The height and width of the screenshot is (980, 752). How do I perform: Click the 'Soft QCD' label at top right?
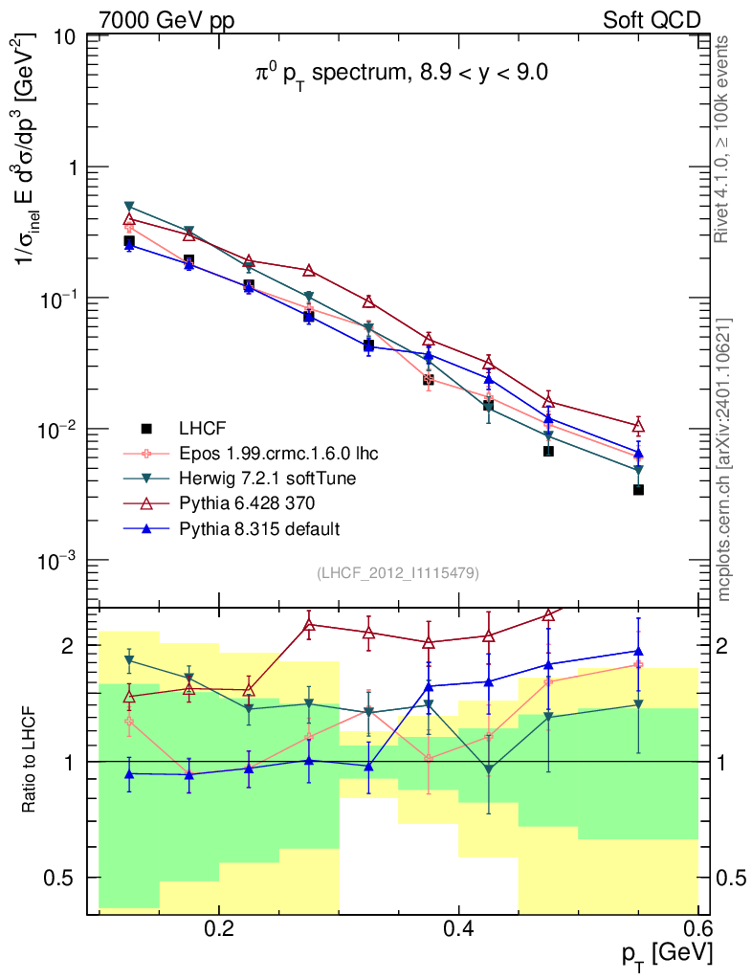pyautogui.click(x=652, y=20)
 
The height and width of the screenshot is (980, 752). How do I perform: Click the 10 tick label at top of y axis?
pyautogui.click(x=65, y=37)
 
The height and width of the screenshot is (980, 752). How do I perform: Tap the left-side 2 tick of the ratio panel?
pyautogui.click(x=68, y=646)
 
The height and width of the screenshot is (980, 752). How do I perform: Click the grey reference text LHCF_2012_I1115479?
pyautogui.click(x=398, y=572)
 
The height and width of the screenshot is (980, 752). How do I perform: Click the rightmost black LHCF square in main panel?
pyautogui.click(x=638, y=490)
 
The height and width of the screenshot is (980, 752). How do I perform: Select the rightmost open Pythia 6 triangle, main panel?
pyautogui.click(x=638, y=426)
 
